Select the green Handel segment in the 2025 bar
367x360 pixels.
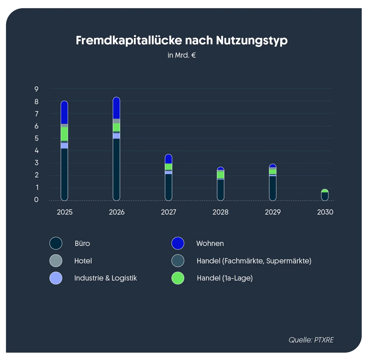64,134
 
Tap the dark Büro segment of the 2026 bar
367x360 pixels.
116,169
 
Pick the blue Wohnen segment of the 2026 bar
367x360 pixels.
116,108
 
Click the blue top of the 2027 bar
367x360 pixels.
169,159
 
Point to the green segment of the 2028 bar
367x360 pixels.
220,175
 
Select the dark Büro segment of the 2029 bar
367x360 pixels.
273,188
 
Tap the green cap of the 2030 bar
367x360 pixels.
325,191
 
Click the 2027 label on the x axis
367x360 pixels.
169,212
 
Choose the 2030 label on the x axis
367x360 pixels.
325,212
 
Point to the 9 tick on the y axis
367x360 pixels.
36,89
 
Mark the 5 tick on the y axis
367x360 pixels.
36,138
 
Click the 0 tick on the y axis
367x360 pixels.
36,200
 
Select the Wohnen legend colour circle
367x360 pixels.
178,243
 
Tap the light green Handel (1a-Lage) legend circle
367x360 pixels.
178,278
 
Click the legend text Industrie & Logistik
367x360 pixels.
106,278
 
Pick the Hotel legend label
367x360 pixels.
83,261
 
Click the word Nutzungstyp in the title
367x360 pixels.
251,41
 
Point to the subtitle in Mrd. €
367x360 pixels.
181,55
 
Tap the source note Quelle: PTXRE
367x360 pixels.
311,340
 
